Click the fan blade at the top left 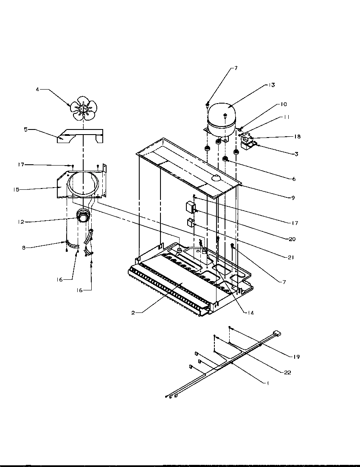(x=84, y=110)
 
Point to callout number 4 (x=37, y=90)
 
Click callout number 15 (x=16, y=189)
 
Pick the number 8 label (x=24, y=247)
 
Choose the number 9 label (x=293, y=197)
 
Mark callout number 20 (x=292, y=239)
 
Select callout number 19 (x=296, y=357)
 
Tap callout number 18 (x=297, y=137)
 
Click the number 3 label (x=296, y=154)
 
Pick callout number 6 (x=293, y=179)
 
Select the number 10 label (x=283, y=104)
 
